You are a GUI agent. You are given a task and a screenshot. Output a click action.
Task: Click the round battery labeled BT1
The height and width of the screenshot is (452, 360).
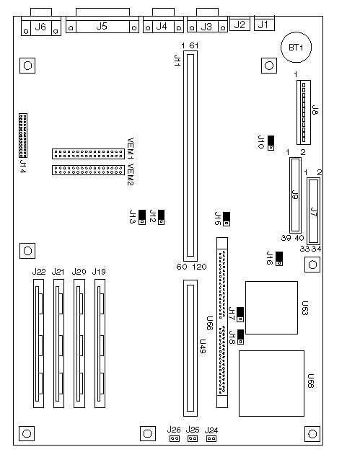coord(296,48)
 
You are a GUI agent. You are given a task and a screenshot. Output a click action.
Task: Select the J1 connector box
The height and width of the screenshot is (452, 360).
coord(264,23)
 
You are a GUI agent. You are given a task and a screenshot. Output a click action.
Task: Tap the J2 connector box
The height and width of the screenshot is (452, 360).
coord(240,23)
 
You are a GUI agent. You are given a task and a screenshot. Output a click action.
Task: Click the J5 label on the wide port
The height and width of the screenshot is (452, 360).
coord(102,26)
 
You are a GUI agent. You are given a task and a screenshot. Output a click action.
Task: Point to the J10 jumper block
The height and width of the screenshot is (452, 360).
coord(271,143)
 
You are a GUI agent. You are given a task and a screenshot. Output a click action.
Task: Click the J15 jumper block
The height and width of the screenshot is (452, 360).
coord(227,219)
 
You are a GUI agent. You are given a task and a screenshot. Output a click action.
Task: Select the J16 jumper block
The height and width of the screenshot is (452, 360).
coord(279,259)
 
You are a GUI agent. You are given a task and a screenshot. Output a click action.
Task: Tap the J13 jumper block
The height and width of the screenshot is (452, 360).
coord(142,218)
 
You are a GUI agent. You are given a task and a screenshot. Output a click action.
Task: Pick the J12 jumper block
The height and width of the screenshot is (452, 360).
coord(162,218)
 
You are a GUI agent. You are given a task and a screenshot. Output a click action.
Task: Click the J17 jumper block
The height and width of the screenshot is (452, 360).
coord(240,314)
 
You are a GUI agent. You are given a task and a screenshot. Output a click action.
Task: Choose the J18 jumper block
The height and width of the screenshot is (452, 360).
coord(240,337)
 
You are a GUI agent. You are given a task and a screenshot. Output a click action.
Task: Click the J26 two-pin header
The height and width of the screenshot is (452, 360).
coord(175,438)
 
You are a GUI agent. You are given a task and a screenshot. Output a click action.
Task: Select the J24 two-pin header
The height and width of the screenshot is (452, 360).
coord(211,438)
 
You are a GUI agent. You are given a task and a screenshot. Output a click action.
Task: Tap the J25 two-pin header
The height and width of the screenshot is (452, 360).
coord(193,438)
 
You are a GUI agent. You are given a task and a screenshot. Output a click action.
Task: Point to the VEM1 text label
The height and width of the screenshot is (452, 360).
coord(131,149)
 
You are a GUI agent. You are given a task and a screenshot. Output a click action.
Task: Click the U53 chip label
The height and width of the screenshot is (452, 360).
coord(305,308)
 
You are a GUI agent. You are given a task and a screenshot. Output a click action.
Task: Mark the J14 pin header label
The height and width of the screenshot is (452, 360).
coord(23,167)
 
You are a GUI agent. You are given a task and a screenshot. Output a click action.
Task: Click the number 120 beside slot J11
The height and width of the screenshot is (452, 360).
coord(199,267)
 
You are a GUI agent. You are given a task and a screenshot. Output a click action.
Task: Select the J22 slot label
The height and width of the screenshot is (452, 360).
coord(39,272)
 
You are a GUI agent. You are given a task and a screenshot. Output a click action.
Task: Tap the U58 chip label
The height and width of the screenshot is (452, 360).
coord(311,381)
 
